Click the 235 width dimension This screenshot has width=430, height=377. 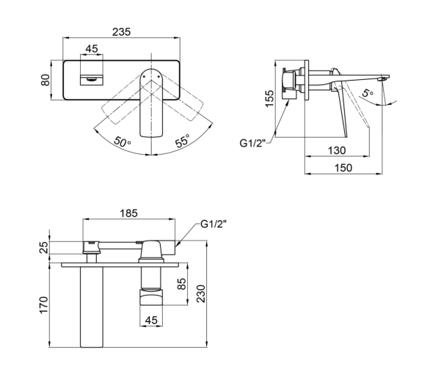(122, 32)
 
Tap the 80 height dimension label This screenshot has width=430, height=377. (45, 80)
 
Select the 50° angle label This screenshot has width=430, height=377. (122, 142)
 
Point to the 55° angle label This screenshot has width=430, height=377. (183, 141)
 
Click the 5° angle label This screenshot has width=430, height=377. (367, 92)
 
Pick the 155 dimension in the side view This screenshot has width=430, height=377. (269, 98)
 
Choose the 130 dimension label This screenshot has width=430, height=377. (337, 150)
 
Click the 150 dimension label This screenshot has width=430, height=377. (343, 167)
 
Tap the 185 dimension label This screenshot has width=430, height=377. (128, 213)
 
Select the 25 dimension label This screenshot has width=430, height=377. (44, 247)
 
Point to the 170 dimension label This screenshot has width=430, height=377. (43, 304)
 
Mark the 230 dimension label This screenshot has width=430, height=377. (201, 293)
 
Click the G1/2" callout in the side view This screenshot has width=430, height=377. (253, 143)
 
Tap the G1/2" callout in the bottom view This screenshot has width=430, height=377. (214, 224)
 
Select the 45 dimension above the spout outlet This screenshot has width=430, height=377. (92, 49)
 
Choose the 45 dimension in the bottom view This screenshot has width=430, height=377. (151, 320)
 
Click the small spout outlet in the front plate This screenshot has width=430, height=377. (92, 79)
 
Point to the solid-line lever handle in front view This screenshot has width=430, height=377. (151, 103)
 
